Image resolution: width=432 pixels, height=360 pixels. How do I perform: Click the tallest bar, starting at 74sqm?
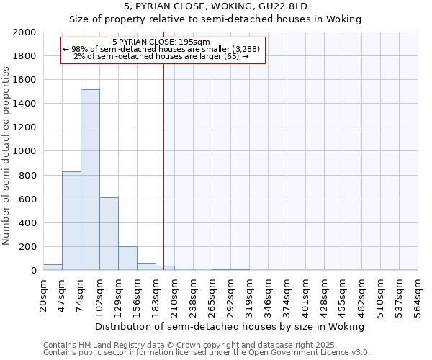90,180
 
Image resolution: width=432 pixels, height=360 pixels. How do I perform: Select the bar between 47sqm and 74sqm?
71,220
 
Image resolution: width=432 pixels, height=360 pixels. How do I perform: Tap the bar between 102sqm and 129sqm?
109,233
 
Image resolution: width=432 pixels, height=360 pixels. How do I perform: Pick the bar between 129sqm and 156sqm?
127,258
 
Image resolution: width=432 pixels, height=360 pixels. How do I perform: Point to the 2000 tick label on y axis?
25,32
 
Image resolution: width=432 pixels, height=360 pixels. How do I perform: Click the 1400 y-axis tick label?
25,104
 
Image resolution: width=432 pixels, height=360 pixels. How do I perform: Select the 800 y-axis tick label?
28,175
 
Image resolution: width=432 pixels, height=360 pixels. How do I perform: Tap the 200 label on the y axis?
28,246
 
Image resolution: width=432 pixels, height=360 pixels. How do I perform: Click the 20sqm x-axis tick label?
44,294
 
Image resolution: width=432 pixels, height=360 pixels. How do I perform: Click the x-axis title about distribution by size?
230,326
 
